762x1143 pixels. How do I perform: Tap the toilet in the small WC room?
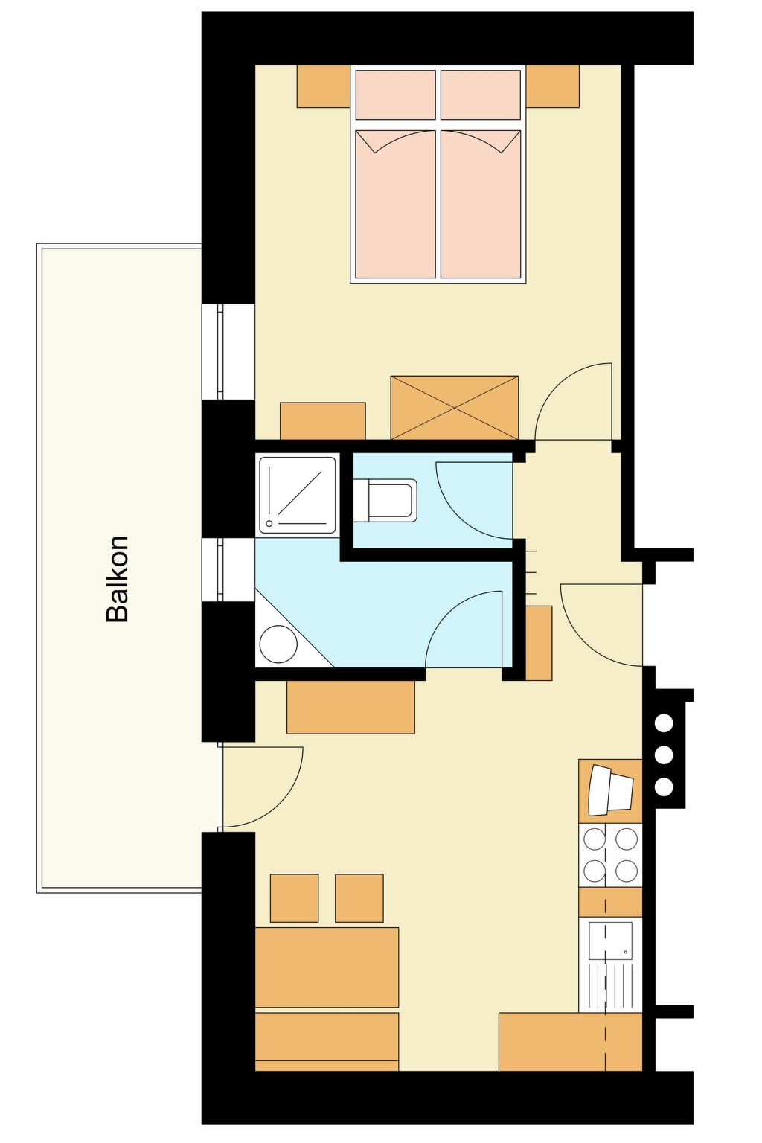(x=385, y=500)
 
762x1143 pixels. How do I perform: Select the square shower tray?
(x=298, y=495)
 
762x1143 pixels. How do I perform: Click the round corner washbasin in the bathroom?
(x=278, y=644)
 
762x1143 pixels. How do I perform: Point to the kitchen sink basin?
(x=610, y=941)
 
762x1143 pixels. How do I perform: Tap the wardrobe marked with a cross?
(x=454, y=407)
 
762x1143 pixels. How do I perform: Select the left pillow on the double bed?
(x=396, y=95)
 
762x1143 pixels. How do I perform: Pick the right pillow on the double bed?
(x=480, y=95)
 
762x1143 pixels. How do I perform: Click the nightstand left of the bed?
(x=324, y=86)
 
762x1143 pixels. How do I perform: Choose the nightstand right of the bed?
(x=553, y=86)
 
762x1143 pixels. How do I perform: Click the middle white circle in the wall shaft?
(x=664, y=754)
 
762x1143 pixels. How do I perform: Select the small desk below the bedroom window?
(x=322, y=420)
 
